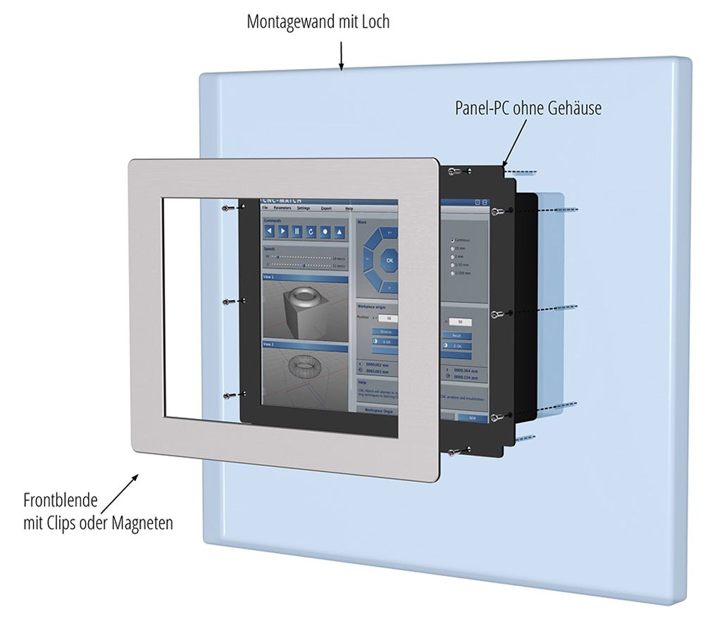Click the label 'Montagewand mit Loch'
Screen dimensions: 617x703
point(318,22)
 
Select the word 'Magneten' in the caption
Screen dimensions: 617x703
point(144,523)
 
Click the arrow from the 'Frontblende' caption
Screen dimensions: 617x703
point(120,492)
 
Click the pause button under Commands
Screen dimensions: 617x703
point(297,231)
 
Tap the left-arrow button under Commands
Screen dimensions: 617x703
point(270,230)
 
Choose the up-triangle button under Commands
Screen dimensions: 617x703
point(339,232)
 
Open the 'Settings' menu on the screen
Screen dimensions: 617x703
point(303,208)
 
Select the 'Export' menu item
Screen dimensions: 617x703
point(326,209)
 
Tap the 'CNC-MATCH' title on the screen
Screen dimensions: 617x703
point(281,201)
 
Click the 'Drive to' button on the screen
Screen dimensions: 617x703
point(385,332)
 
